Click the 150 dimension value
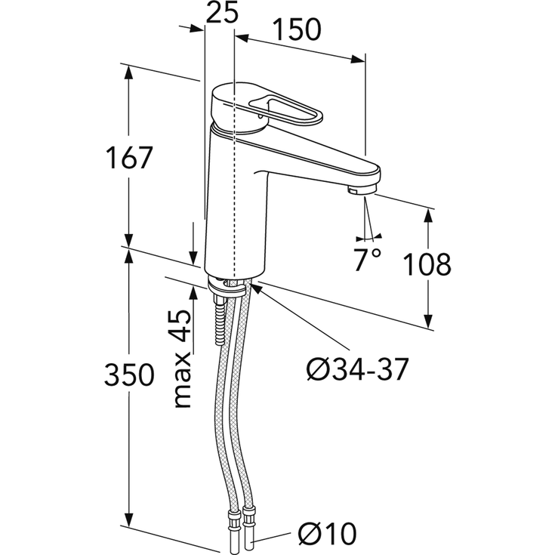pos(298,29)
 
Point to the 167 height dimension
pos(129,158)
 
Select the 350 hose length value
pos(129,375)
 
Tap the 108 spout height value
pos(427,264)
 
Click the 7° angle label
pos(368,259)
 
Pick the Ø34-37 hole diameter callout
pos(357,368)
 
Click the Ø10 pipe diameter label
pos(328,533)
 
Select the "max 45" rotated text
pos(183,358)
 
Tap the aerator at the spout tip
pos(361,191)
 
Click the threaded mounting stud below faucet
pos(220,319)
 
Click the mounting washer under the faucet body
pos(227,285)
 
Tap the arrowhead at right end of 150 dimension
pos(357,60)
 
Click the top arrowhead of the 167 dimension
pos(128,74)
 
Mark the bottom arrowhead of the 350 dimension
pos(129,518)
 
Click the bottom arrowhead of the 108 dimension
pos(428,321)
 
